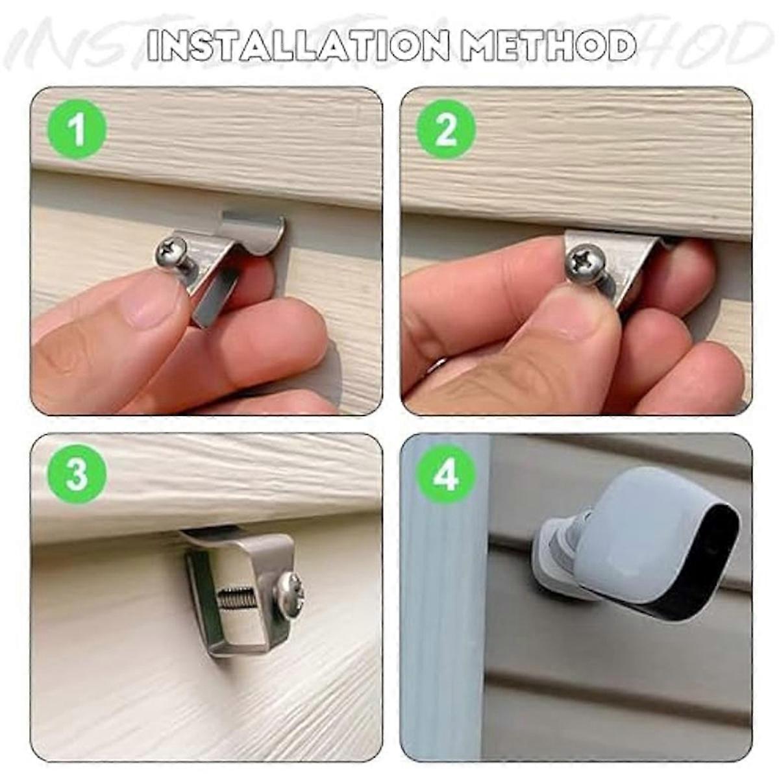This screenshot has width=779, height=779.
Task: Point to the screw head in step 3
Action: click(290, 591)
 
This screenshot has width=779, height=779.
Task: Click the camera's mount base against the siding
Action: click(552, 552)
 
